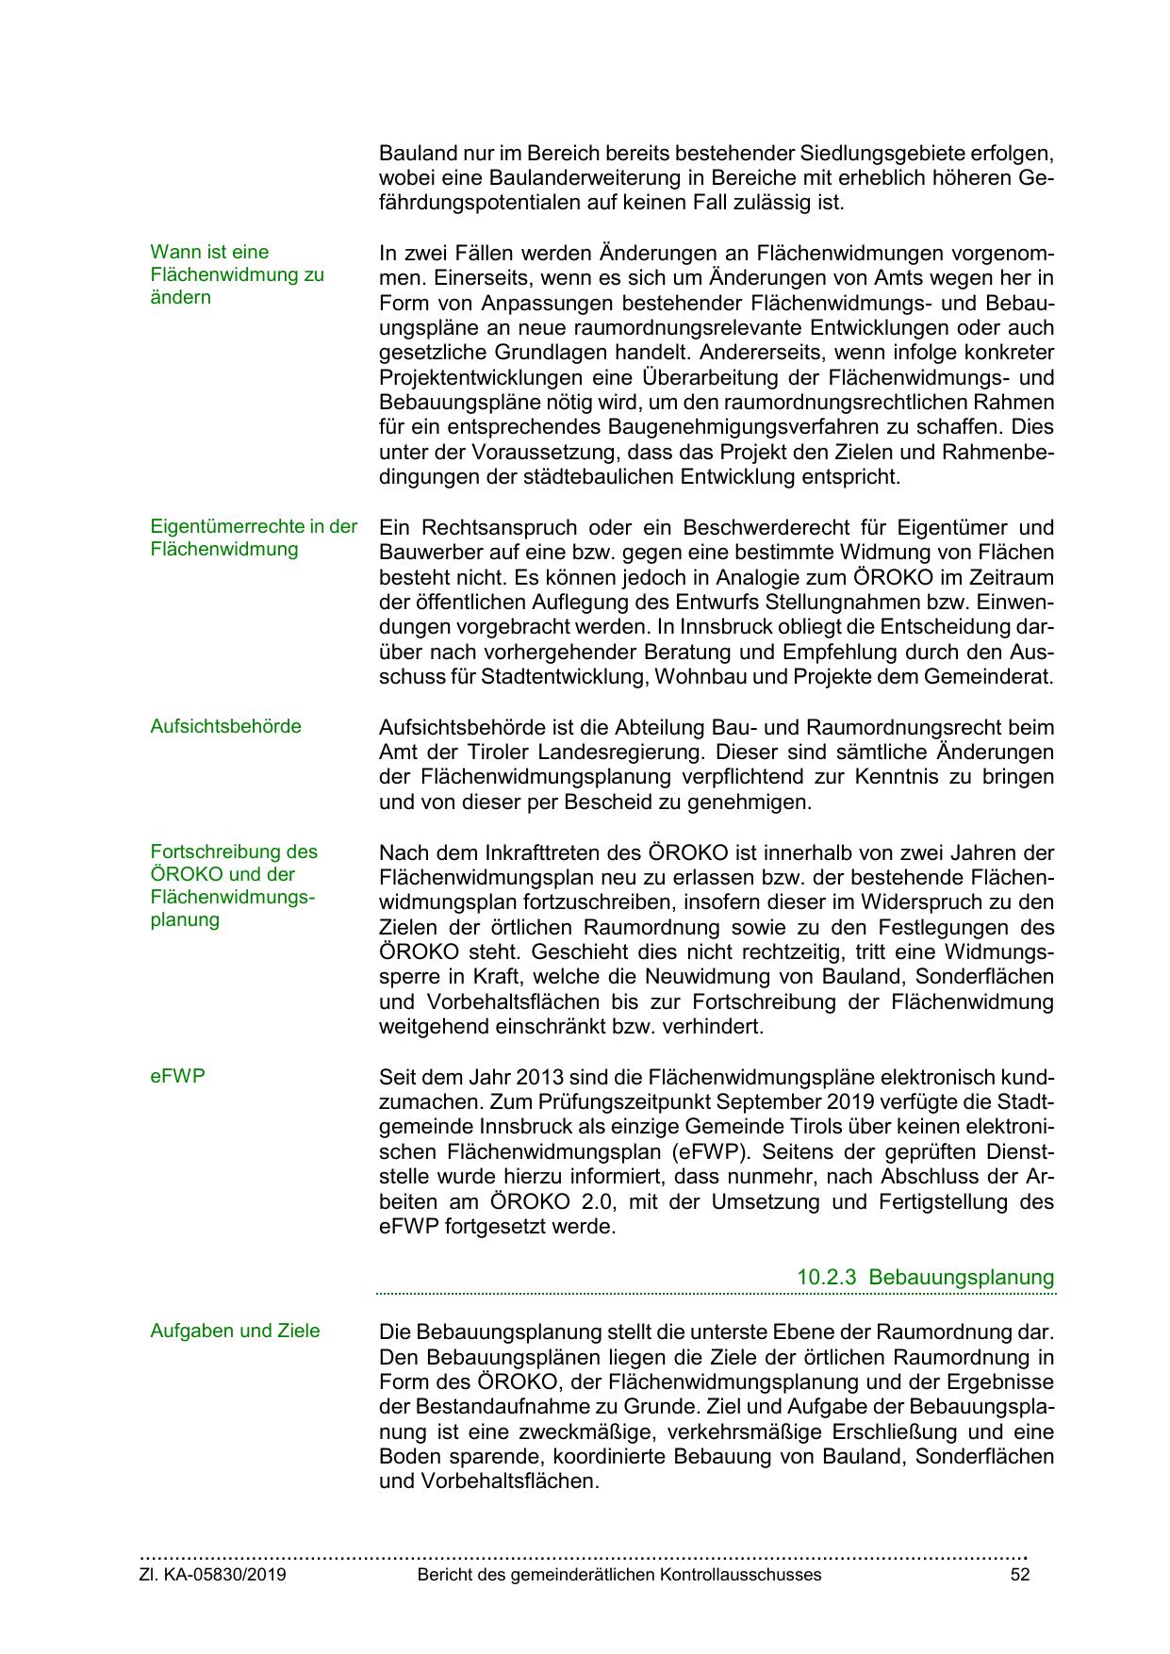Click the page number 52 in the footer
click(x=1019, y=1575)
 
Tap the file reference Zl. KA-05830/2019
click(x=213, y=1575)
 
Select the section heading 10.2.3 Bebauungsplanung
click(x=925, y=1277)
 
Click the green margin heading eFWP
click(x=177, y=1075)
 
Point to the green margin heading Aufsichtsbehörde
click(x=225, y=726)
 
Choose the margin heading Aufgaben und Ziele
click(x=235, y=1331)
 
